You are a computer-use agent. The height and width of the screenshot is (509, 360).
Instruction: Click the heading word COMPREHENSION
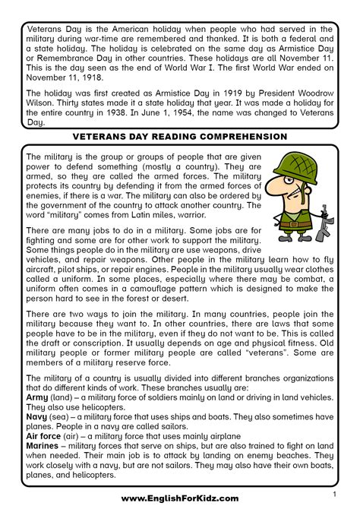(x=244, y=137)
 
